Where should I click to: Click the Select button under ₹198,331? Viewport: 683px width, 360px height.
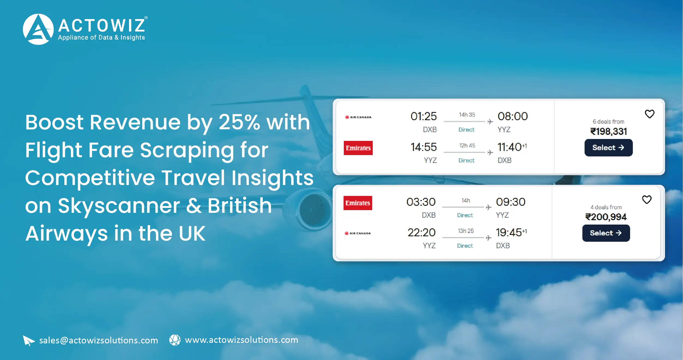coord(608,148)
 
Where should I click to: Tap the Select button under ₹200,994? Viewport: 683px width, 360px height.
coord(606,233)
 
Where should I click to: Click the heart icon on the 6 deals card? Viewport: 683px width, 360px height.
coord(649,114)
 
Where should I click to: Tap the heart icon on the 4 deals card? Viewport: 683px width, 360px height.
coord(647,199)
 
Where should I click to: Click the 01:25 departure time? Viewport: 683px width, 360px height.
coord(423,116)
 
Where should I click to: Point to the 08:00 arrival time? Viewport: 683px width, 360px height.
coord(513,116)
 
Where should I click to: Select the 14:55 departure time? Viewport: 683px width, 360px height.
coord(423,147)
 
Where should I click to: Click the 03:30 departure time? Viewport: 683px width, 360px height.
coord(421,202)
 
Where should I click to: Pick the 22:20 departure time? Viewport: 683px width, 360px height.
coord(422,232)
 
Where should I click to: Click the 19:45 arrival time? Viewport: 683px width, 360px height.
coord(509,232)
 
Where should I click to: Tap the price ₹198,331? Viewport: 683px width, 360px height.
coord(609,132)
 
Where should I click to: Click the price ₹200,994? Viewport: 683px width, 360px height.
coord(606,217)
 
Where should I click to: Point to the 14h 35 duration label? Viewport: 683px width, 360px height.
coord(467,115)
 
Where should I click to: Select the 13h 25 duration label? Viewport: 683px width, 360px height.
coord(466,231)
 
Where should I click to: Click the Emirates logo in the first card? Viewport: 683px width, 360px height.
coord(358,148)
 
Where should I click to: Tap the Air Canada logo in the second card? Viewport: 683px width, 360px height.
coord(358,233)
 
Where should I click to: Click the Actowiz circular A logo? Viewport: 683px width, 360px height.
coord(38,29)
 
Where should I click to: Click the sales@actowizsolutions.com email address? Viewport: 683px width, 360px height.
coord(98,340)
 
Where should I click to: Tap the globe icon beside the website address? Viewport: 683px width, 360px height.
coord(175,340)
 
